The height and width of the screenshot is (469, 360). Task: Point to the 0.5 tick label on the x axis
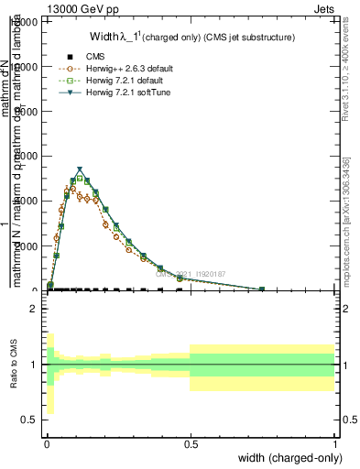click(x=191, y=442)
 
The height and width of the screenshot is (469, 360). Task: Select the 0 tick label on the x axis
click(x=46, y=442)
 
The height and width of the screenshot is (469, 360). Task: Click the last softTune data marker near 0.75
click(x=262, y=289)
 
